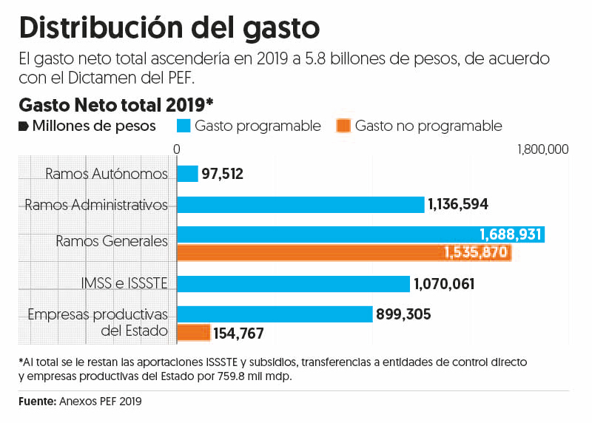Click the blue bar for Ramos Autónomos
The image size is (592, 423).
(187, 174)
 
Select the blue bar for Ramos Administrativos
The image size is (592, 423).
(300, 204)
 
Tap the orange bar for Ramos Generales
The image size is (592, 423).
(344, 252)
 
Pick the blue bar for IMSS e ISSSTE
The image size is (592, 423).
(293, 284)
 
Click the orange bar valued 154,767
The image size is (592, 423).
(193, 333)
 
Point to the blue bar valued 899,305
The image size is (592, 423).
(274, 314)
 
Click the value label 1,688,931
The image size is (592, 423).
(511, 234)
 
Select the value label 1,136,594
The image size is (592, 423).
(458, 204)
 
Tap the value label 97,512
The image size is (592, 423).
(222, 174)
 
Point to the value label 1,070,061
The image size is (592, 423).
(444, 284)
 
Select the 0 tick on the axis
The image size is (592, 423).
(177, 149)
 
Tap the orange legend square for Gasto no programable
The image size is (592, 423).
(343, 126)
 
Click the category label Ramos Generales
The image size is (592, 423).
(112, 241)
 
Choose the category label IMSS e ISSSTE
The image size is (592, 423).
(124, 282)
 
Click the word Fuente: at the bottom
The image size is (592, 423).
(37, 402)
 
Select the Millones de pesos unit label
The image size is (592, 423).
(94, 126)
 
